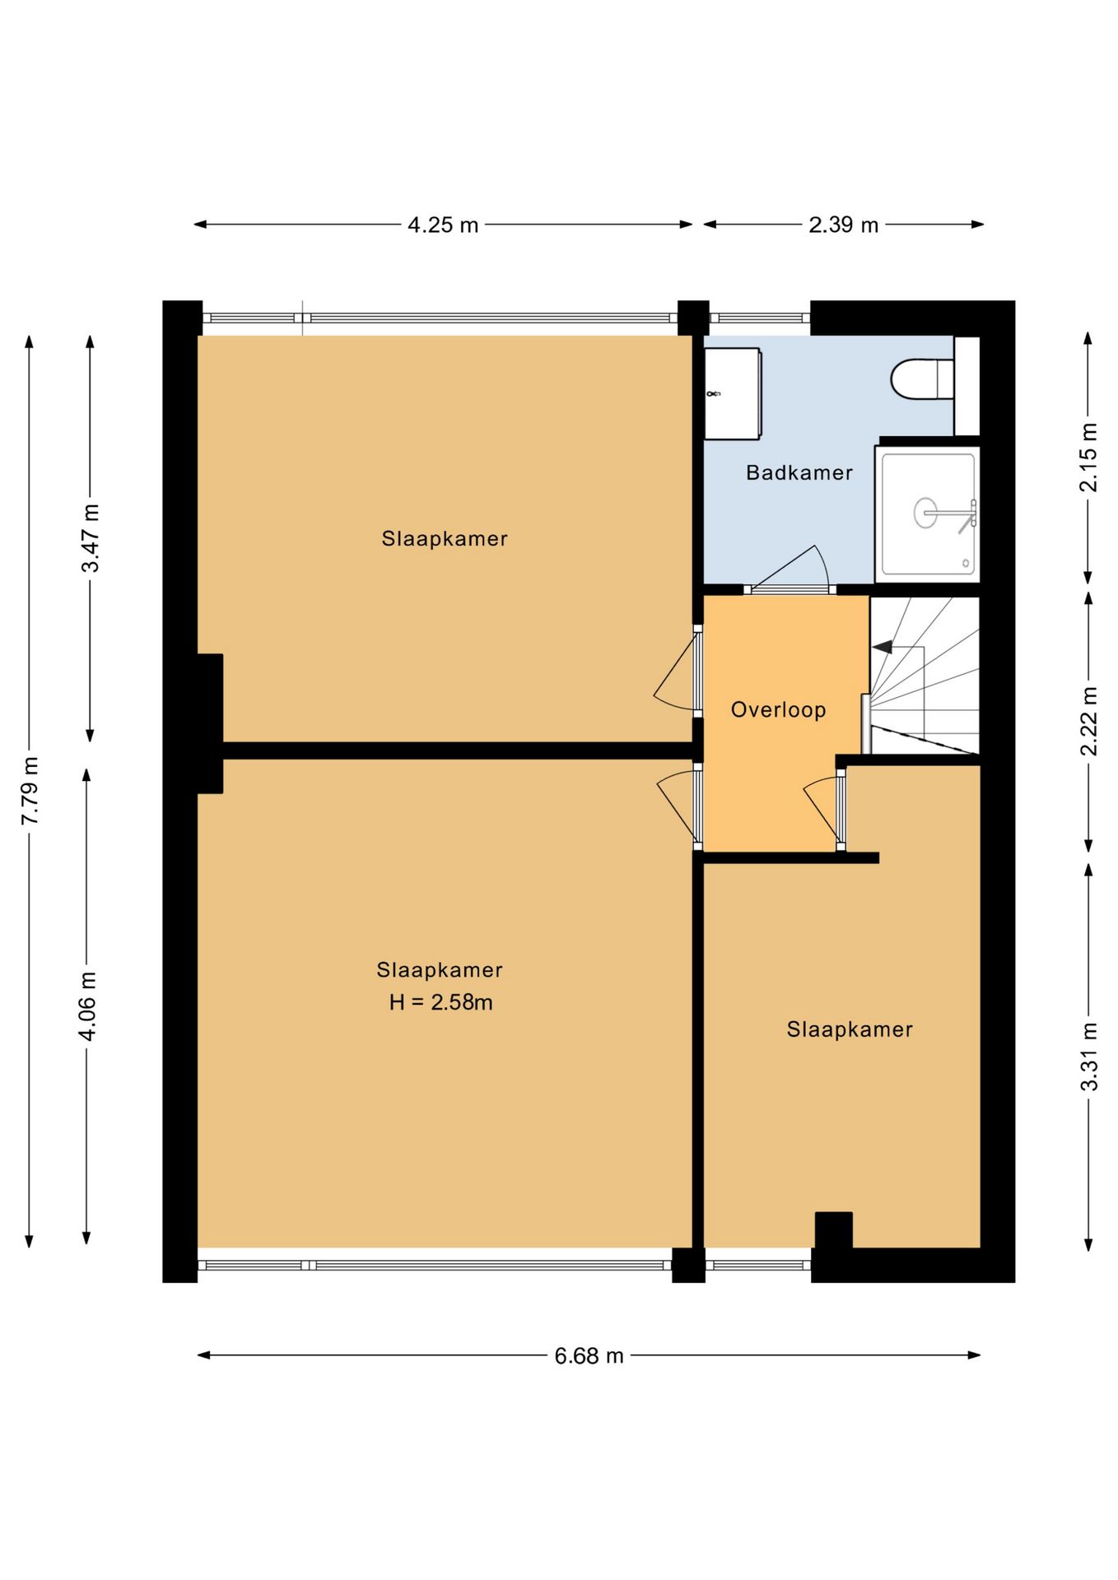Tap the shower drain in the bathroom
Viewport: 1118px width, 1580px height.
pos(925,513)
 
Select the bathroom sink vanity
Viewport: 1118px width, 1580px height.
pos(732,393)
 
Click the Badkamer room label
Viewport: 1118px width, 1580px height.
pos(799,472)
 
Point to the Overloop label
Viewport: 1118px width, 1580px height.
pos(778,709)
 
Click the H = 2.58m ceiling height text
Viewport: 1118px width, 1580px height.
pos(440,1002)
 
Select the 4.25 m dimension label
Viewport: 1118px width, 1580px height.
pos(443,225)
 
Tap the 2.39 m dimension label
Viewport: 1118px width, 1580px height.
pos(843,225)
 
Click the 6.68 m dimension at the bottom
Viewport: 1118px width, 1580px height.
pos(589,1356)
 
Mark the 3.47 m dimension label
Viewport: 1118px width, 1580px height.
pos(91,538)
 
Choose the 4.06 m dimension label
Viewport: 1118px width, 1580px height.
pos(87,1006)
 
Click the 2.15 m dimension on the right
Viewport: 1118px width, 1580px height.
pos(1088,457)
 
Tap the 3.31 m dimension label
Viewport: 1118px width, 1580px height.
pos(1088,1057)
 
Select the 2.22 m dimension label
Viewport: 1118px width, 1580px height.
pos(1088,721)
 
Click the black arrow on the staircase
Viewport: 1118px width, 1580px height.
pos(883,647)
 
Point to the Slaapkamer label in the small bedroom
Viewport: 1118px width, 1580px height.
pos(850,1029)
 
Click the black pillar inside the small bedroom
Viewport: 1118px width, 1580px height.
pos(833,1229)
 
